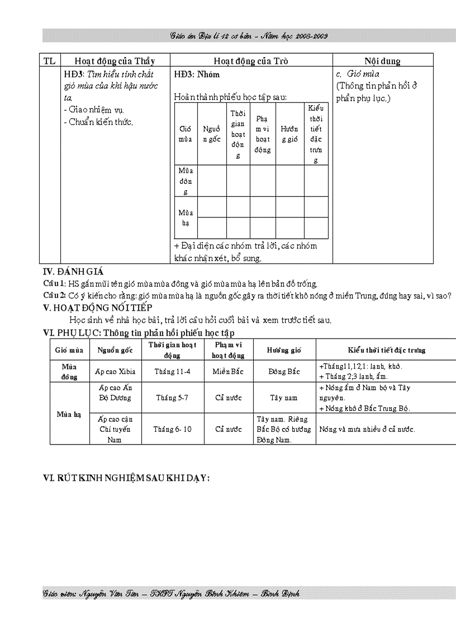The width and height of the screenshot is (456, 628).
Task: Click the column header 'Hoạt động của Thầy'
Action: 115,61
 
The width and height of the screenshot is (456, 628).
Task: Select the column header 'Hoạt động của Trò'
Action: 251,61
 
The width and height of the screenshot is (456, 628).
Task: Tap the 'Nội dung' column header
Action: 382,61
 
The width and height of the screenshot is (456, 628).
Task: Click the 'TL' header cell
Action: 49,61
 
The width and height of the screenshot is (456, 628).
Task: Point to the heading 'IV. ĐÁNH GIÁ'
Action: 73,272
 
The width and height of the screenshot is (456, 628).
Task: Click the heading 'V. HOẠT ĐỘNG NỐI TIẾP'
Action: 97,308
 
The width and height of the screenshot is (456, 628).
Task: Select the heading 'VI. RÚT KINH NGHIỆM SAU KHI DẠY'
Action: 126,478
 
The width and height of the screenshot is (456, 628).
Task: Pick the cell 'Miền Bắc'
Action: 229,371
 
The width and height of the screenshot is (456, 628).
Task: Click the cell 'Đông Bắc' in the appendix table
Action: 284,371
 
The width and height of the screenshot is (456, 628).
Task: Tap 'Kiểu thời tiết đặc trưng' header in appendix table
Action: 386,350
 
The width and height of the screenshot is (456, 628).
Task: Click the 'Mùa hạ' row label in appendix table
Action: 69,414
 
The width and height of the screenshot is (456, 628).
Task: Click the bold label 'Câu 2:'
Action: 55,295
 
